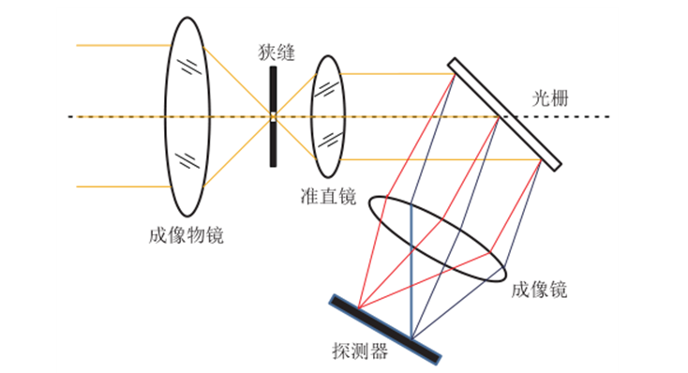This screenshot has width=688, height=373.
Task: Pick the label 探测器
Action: [360, 351]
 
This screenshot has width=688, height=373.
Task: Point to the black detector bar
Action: [385, 328]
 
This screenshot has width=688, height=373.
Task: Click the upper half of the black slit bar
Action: [273, 89]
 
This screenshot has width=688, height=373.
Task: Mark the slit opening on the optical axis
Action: [273, 117]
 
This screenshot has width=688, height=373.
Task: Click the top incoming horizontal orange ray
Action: [122, 44]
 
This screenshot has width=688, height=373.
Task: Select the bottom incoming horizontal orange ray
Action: [122, 186]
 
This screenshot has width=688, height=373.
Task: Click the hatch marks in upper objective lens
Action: [190, 67]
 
